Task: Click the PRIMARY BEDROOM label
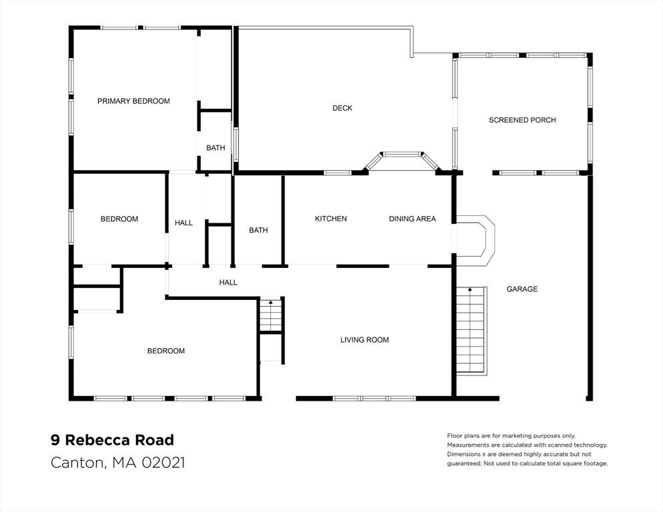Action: coord(133,101)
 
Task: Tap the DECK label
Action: coord(342,108)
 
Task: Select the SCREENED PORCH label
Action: coord(522,120)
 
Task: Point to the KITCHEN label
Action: coord(331,219)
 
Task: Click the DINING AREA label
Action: coord(412,219)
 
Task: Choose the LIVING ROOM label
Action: coord(364,340)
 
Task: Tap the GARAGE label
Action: coord(522,289)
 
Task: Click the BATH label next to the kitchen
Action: coord(258,230)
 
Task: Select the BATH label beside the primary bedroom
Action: coord(215,148)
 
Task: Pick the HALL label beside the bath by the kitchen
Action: coord(228,283)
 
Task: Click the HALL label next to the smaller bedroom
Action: coord(183,223)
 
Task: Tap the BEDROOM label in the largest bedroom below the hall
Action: coord(166,351)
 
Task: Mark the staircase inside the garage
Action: coord(471,330)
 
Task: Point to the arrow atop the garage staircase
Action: coord(471,289)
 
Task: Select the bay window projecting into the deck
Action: coord(402,160)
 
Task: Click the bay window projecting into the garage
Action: coord(477,235)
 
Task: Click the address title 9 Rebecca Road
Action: coord(112,440)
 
